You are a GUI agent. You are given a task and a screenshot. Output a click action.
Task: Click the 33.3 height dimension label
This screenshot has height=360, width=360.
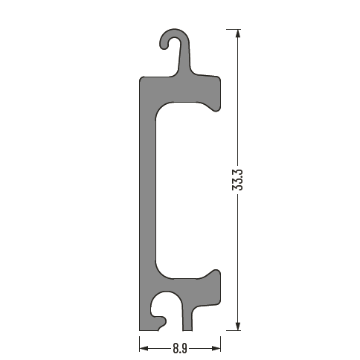pyautogui.click(x=237, y=180)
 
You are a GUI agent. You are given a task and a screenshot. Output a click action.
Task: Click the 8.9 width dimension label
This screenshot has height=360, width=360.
pyautogui.click(x=180, y=349)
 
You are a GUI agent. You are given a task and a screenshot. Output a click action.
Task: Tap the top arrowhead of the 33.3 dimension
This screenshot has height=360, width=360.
pyautogui.click(x=238, y=33)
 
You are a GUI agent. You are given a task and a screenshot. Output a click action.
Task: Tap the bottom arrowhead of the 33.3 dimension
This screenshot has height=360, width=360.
pyautogui.click(x=238, y=326)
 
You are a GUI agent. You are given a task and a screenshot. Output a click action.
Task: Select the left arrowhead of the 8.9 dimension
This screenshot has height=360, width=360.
pyautogui.click(x=144, y=349)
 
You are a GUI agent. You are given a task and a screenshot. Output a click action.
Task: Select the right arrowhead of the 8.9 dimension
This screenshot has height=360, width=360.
pyautogui.click(x=216, y=349)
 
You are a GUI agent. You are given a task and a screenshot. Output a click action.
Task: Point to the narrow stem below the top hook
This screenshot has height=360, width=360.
pyautogui.click(x=184, y=60)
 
